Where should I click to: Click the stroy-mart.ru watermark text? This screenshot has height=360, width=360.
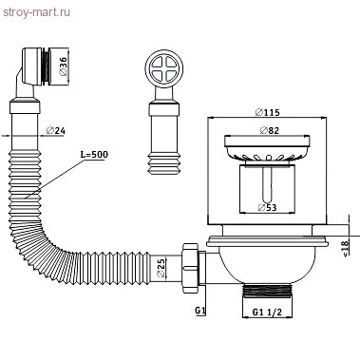(37, 13)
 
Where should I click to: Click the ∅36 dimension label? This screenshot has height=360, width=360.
(64, 66)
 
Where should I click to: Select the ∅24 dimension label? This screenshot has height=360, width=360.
(56, 130)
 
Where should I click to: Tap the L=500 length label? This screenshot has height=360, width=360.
(94, 155)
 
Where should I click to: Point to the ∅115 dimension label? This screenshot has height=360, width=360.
(268, 112)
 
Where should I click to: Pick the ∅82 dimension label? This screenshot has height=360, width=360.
(270, 130)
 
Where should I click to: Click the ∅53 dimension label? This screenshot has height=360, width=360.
(267, 207)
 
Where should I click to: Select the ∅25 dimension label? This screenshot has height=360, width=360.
(161, 268)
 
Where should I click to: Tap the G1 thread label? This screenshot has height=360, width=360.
(200, 311)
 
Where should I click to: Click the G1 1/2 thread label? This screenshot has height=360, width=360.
(267, 313)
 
